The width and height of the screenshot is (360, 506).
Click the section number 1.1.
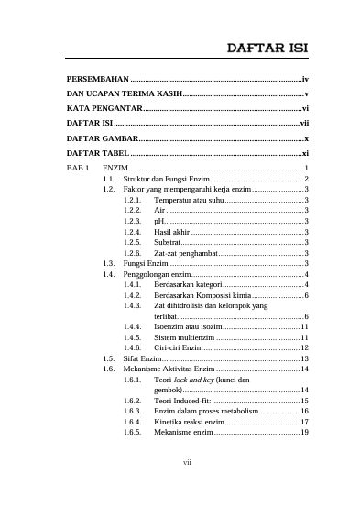(x=109, y=179)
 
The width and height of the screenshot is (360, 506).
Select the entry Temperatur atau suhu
(x=189, y=199)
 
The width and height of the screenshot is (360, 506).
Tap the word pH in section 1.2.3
(x=159, y=221)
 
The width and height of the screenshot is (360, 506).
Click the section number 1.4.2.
(x=132, y=295)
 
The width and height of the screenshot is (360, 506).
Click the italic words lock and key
(x=195, y=379)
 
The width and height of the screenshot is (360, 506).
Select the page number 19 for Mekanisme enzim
(x=304, y=432)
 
